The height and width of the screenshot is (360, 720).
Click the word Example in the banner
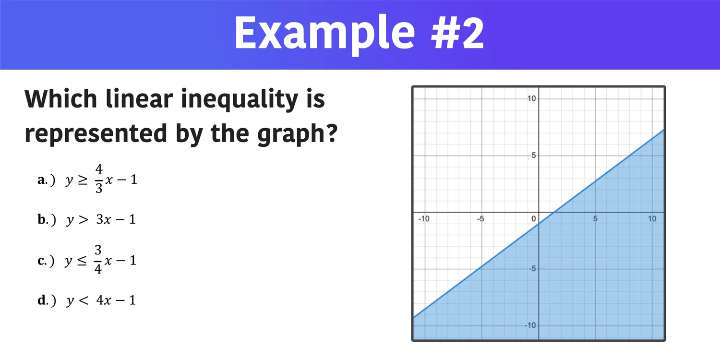click(324, 34)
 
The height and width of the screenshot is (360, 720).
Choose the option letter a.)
click(47, 180)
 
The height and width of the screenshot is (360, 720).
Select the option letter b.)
click(47, 220)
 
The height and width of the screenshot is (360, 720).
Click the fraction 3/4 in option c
click(98, 260)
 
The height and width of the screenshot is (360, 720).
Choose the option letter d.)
click(47, 300)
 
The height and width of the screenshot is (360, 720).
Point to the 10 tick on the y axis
click(531, 98)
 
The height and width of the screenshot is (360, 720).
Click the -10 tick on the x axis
click(423, 219)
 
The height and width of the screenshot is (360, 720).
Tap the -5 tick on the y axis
click(531, 268)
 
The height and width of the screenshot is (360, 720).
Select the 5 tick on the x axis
click(595, 219)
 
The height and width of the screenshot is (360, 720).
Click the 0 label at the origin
click(533, 219)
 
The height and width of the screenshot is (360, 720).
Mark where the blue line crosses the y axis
click(539, 223)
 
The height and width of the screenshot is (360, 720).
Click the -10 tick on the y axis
click(530, 325)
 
